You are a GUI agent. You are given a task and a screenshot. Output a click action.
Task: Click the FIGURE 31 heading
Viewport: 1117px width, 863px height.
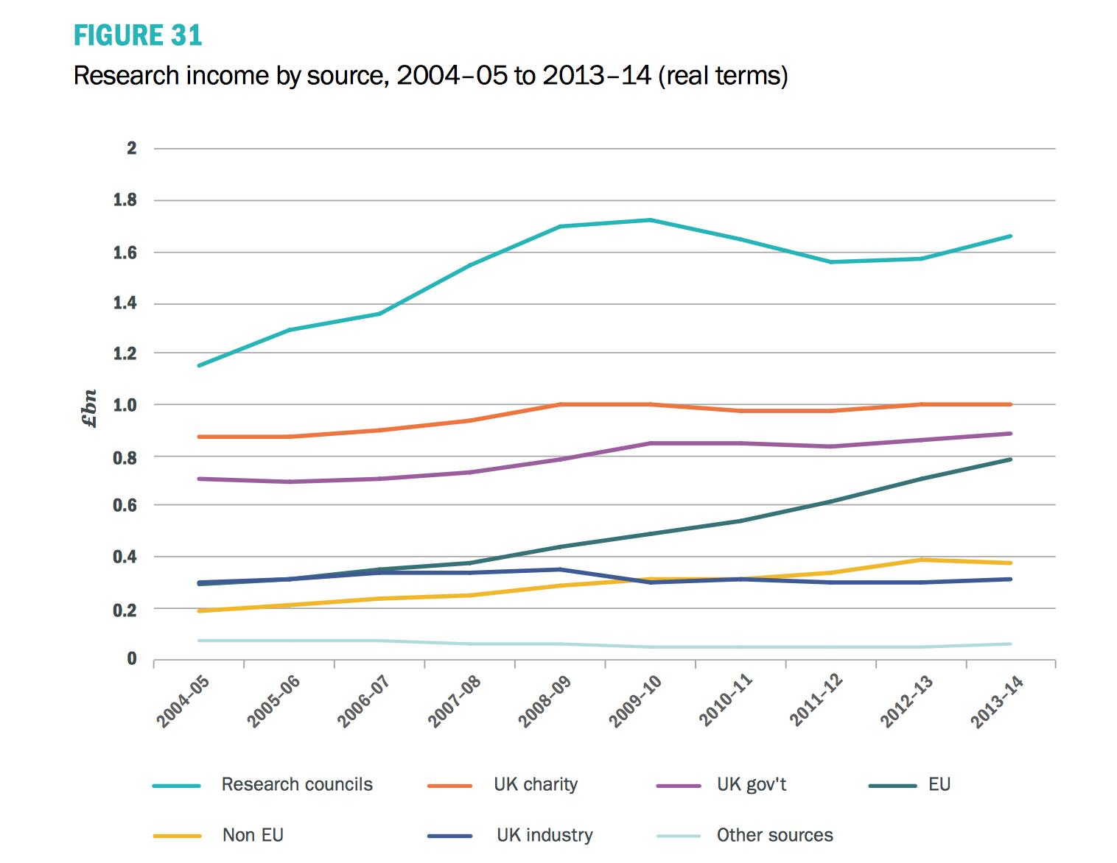point(137,35)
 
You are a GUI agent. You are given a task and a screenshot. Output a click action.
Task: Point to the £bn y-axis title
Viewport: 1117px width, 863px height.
point(89,409)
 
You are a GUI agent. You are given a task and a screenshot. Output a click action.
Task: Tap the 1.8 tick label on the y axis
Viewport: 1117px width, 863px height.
point(125,200)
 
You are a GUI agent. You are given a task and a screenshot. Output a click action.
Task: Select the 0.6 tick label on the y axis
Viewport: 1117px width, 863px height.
point(125,505)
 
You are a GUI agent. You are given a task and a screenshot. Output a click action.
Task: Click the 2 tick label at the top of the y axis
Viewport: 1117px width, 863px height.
point(132,148)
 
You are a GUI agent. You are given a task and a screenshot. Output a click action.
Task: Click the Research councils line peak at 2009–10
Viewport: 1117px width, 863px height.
point(651,219)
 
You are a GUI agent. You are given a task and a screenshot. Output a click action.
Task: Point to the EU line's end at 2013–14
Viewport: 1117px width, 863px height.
point(1010,459)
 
